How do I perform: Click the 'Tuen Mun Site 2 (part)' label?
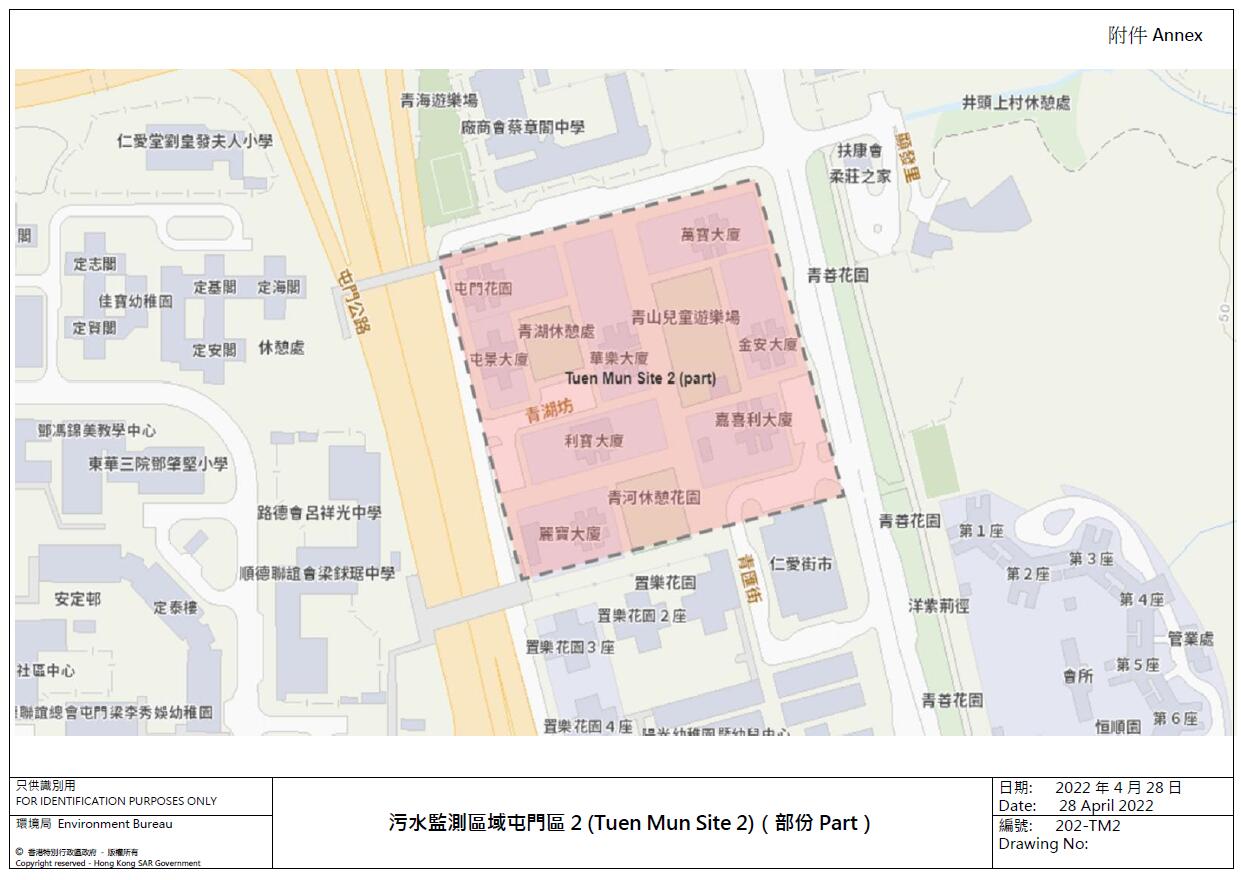[641, 378]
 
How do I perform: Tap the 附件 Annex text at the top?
[1155, 36]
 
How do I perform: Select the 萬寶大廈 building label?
[710, 235]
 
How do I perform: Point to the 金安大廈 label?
[768, 345]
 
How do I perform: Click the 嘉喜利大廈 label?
[753, 420]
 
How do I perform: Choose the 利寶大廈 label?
[594, 441]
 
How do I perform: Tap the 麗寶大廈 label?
[570, 534]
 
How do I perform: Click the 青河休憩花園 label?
[654, 497]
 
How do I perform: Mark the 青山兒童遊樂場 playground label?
[685, 318]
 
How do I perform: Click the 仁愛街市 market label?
[801, 564]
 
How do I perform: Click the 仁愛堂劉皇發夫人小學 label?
[194, 141]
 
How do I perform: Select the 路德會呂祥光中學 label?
[319, 513]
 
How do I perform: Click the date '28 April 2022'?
[1106, 806]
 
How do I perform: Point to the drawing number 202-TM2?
[1087, 826]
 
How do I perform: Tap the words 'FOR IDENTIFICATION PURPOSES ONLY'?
[116, 801]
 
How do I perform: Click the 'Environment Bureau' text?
[115, 824]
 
